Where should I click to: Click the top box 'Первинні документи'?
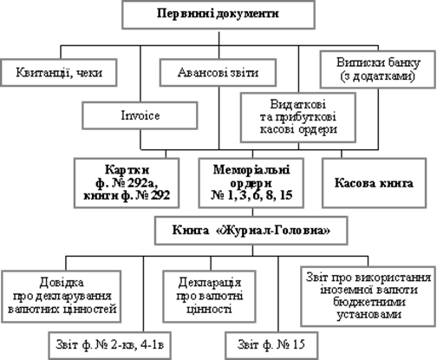(x=218, y=15)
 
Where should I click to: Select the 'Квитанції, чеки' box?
(x=59, y=72)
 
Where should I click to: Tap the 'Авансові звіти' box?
(x=218, y=72)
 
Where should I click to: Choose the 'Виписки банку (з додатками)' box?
(x=378, y=69)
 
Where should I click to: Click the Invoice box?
(x=140, y=115)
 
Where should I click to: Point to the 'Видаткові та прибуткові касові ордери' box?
(x=298, y=117)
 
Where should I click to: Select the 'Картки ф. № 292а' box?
(x=127, y=183)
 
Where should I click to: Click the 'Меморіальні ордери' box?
(x=251, y=183)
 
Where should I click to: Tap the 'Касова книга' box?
(x=375, y=183)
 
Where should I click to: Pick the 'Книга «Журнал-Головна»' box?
(x=251, y=231)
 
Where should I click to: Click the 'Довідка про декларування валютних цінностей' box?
(x=61, y=297)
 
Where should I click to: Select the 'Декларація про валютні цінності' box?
(x=210, y=297)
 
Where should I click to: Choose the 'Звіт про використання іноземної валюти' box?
(x=369, y=297)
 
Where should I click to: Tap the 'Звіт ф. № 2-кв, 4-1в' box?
(x=110, y=345)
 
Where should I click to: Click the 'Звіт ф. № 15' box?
(x=271, y=345)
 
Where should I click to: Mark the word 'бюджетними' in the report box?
(x=369, y=302)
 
